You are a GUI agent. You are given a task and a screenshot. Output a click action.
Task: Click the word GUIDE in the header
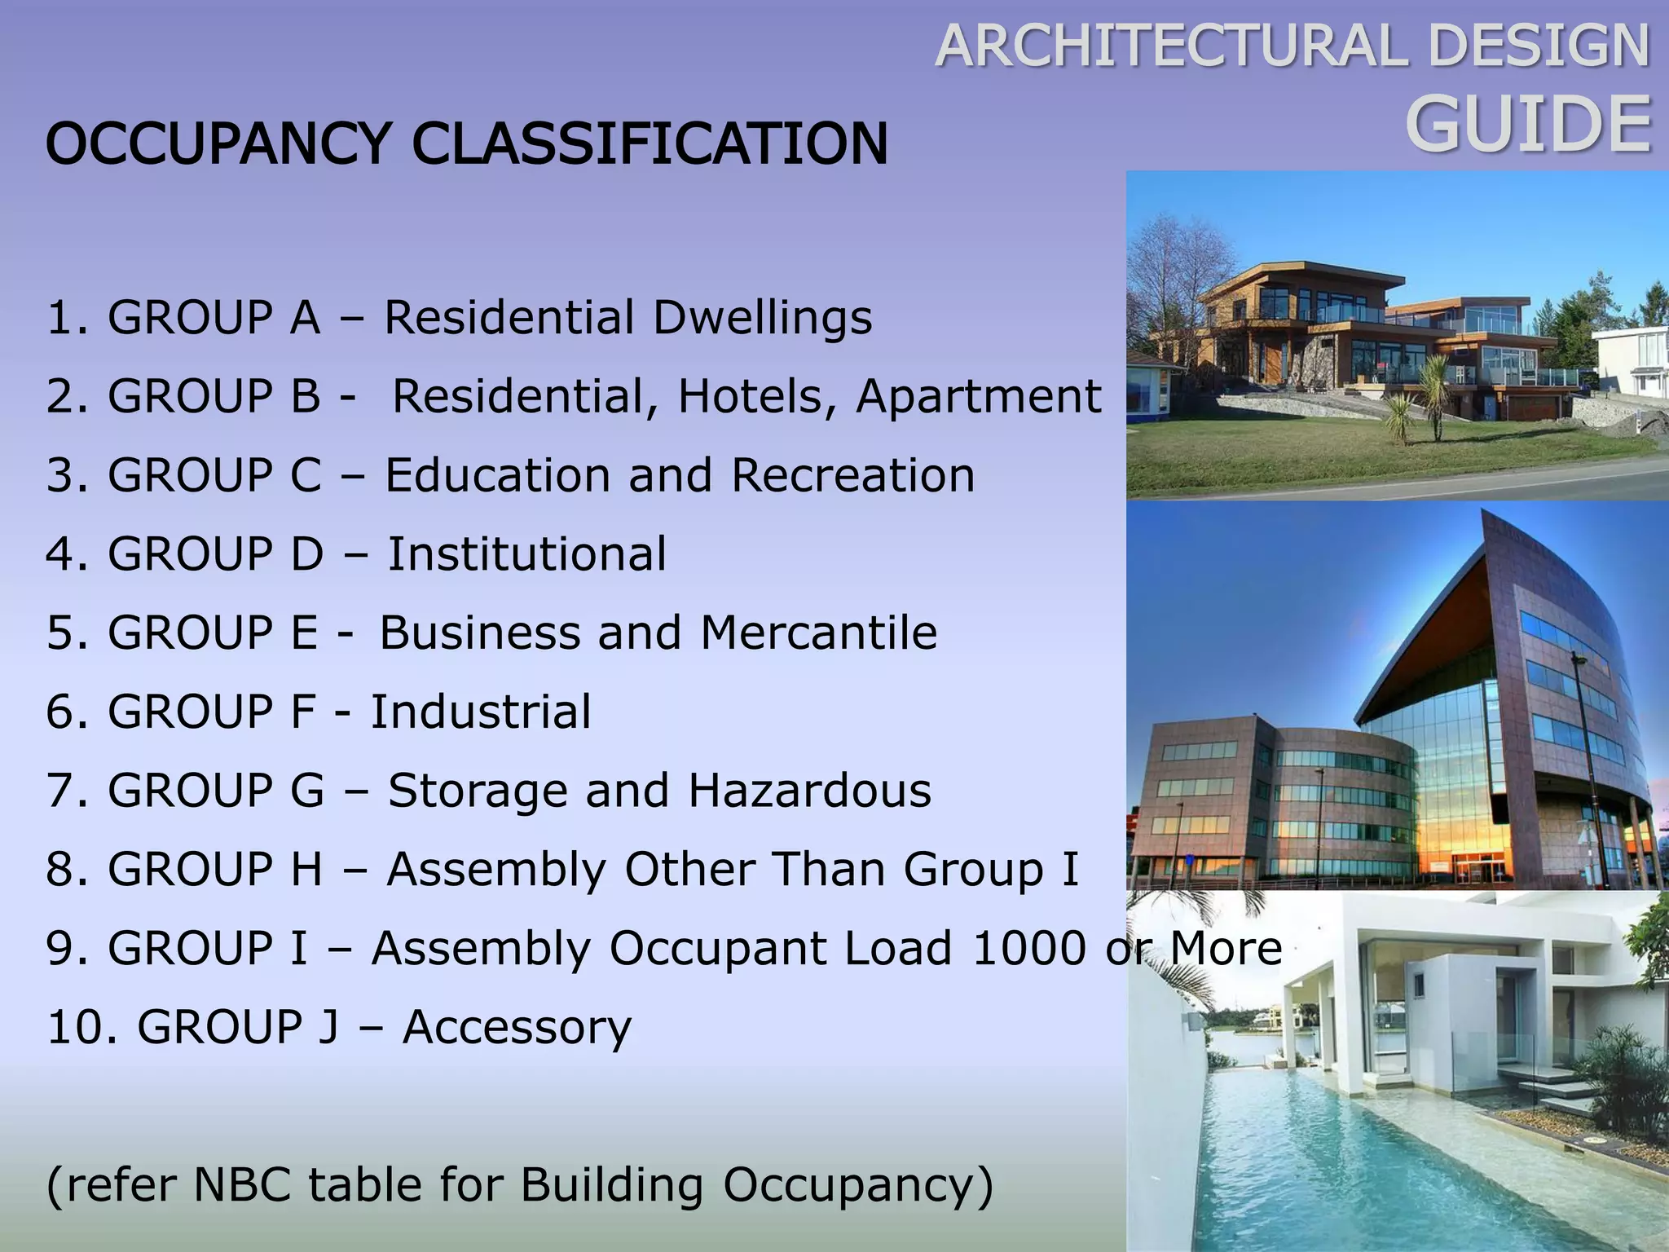1528,125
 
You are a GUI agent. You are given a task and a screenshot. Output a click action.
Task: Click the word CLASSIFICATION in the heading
650,143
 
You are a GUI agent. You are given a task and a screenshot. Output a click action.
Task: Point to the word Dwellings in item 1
762,317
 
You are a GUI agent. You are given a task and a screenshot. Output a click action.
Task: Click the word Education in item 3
496,474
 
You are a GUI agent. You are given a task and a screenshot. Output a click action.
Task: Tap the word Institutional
526,553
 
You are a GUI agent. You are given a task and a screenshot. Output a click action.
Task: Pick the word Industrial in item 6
481,712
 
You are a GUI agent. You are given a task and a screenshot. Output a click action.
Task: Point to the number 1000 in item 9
1029,948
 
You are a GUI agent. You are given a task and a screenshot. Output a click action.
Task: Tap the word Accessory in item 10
517,1027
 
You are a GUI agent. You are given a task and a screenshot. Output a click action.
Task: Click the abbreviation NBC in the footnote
242,1184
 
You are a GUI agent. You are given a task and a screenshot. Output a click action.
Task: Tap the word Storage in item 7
477,791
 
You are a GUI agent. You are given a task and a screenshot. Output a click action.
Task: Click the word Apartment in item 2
978,396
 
